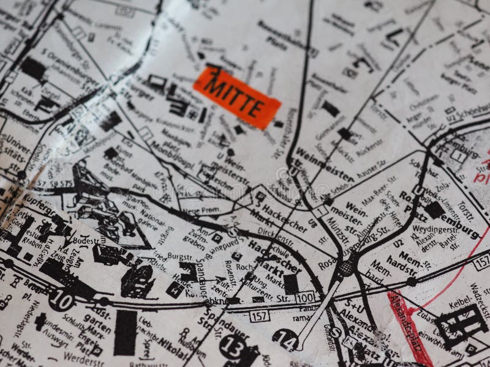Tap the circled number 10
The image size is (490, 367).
coord(61,299)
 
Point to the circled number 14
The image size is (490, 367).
coord(285,338)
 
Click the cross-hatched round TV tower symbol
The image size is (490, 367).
coord(346,267)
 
